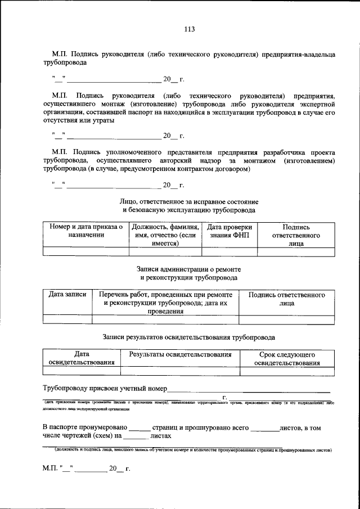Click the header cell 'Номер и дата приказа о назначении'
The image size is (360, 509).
[x=86, y=231]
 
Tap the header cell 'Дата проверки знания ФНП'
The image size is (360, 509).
[x=229, y=231]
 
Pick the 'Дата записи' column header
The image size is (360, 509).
[x=67, y=294]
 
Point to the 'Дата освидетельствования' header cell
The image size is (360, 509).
[x=82, y=359]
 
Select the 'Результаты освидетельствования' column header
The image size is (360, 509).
[x=180, y=355]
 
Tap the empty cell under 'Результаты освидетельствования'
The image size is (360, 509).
[x=180, y=371]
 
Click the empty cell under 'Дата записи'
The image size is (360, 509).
[x=67, y=319]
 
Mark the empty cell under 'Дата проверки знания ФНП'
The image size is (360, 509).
[x=229, y=252]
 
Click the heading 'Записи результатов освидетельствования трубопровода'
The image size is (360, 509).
[x=189, y=337]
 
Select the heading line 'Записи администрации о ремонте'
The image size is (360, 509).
[x=188, y=269]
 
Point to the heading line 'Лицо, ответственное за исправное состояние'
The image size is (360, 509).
[x=188, y=201]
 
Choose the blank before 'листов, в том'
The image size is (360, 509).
[x=264, y=429]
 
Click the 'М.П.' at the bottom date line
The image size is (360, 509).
[x=49, y=468]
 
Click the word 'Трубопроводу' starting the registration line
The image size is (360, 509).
[x=66, y=388]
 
